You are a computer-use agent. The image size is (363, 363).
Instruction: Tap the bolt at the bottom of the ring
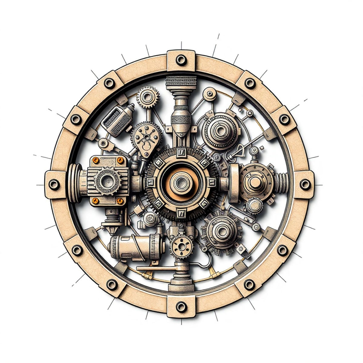pyautogui.click(x=181, y=307)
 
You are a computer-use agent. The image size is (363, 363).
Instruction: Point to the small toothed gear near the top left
pyautogui.click(x=147, y=97)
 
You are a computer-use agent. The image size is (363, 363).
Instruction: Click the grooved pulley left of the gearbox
pyautogui.click(x=74, y=182)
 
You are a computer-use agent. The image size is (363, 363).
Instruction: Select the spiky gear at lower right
pyautogui.click(x=222, y=232)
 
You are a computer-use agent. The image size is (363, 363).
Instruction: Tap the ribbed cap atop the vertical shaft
pyautogui.click(x=181, y=82)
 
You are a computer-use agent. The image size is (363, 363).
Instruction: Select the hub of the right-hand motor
pyautogui.click(x=256, y=182)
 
